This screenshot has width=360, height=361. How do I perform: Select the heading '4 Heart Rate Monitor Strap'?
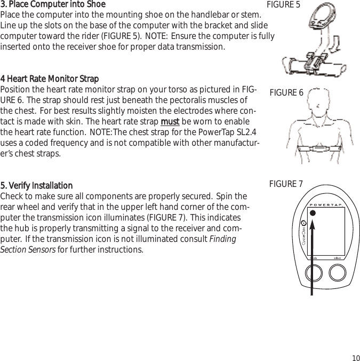pos(50,80)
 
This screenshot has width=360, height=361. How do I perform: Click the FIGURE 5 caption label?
pos(283,5)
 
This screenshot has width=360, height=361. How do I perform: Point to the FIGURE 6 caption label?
pos(286,93)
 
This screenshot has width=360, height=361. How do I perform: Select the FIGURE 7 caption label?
pos(286,184)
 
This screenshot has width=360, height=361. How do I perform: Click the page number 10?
pos(355,357)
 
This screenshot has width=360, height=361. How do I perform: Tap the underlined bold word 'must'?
pos(170,122)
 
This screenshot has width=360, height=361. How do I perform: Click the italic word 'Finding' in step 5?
pos(223,239)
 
